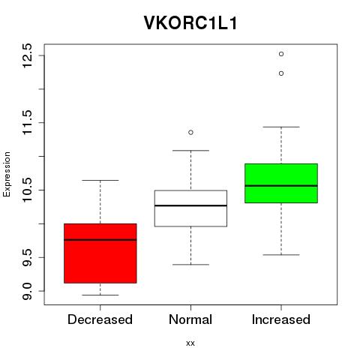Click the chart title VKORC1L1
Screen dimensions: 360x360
pos(190,22)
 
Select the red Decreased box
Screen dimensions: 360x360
pos(100,253)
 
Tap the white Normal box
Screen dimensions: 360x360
pos(190,208)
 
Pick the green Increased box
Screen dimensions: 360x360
pos(281,183)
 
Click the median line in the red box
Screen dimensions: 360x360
pos(100,240)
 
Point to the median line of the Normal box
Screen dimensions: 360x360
pos(190,205)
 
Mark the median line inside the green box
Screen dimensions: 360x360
pos(281,186)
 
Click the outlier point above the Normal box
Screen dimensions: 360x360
pos(190,132)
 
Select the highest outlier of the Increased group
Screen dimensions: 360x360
pos(281,54)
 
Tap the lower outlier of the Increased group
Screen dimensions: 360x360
pos(281,73)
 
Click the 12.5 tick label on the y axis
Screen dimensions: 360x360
pos(27,55)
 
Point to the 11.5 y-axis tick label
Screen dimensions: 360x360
pos(27,122)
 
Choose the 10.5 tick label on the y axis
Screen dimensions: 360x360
pos(27,190)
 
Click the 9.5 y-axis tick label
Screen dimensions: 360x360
pos(27,257)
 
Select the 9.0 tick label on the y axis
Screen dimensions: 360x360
pos(27,291)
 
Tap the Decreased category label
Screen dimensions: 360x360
pos(100,319)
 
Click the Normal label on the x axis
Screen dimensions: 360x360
pos(190,319)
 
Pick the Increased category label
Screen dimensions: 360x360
pos(281,319)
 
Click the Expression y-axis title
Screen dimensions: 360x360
pos(7,174)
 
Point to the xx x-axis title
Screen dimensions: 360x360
pos(190,343)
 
